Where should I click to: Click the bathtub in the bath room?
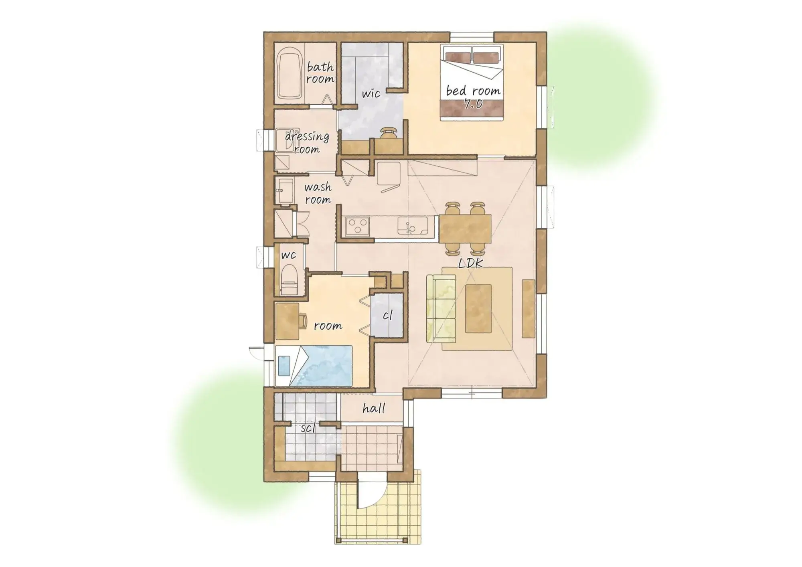tap(289, 73)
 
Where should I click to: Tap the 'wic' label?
tap(371, 94)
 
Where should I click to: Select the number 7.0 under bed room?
tap(473, 104)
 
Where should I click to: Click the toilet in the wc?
tap(288, 281)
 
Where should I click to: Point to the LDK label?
tap(471, 263)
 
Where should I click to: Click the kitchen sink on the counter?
tap(412, 226)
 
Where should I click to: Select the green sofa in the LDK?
tap(441, 308)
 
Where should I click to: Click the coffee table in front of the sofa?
tap(478, 308)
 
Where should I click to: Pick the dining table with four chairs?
tap(465, 228)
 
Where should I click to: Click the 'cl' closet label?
tap(387, 315)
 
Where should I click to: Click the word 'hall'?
tap(374, 408)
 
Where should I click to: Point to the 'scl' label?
tap(308, 428)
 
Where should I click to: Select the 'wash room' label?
tap(318, 193)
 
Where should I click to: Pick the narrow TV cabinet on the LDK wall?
tap(528, 308)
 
